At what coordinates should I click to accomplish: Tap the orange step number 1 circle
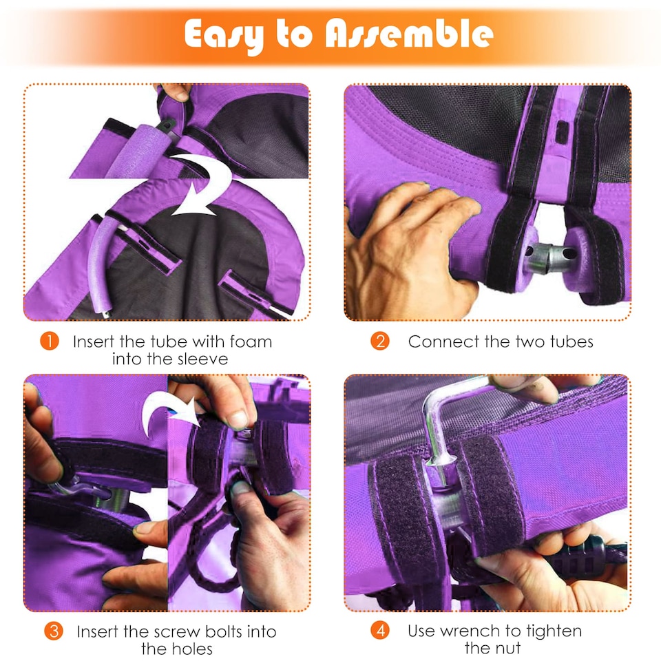[x=50, y=342]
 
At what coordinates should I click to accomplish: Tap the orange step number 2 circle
[x=380, y=342]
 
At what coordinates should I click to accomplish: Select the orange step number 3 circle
[x=54, y=631]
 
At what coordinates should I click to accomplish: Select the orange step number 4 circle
[x=380, y=631]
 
